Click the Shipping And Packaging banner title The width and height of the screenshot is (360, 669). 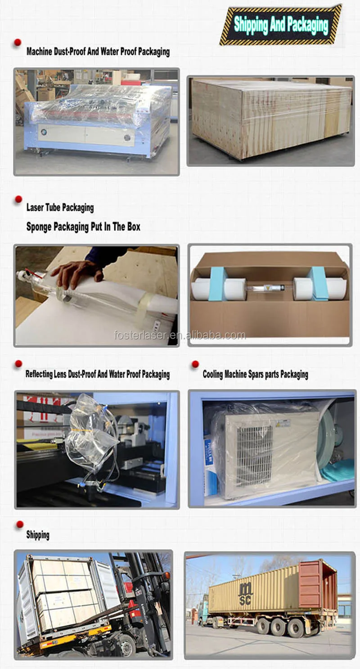pos(281,25)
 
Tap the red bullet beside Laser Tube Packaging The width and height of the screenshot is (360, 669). pos(18,199)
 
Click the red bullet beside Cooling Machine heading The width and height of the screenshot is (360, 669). pos(195,364)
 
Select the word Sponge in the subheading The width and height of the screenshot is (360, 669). pos(39,226)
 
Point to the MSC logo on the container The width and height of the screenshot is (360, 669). pos(246,593)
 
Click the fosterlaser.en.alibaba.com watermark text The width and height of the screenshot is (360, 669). pos(180,335)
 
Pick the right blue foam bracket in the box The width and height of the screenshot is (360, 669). pos(318,283)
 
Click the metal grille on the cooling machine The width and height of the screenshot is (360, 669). pos(254,455)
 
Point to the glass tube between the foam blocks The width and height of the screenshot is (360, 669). pos(269,287)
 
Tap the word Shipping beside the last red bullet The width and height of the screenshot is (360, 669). pos(38,535)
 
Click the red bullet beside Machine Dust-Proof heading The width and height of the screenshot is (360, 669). pos(18,42)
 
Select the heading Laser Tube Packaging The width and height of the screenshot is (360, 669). pos(60,208)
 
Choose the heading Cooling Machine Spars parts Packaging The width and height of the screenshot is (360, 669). pos(255,374)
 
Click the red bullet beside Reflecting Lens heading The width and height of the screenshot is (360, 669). pos(18,364)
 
